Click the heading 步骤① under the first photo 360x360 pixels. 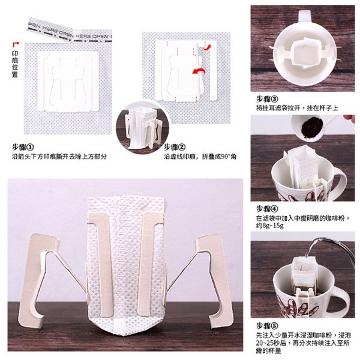pos(23,146)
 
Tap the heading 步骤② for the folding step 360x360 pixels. pos(175,146)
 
